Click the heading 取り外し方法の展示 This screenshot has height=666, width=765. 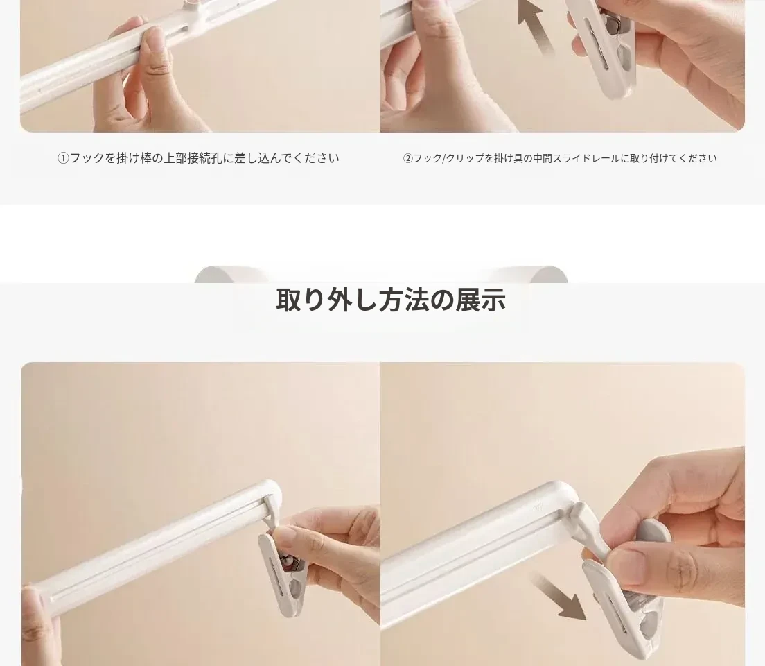pos(390,300)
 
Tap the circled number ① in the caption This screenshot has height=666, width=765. pos(64,158)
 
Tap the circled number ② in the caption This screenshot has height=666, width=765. pos(408,158)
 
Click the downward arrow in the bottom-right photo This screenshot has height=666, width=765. pos(558,596)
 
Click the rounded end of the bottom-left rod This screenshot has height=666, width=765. pos(272,492)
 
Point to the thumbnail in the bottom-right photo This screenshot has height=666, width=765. pos(629,563)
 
